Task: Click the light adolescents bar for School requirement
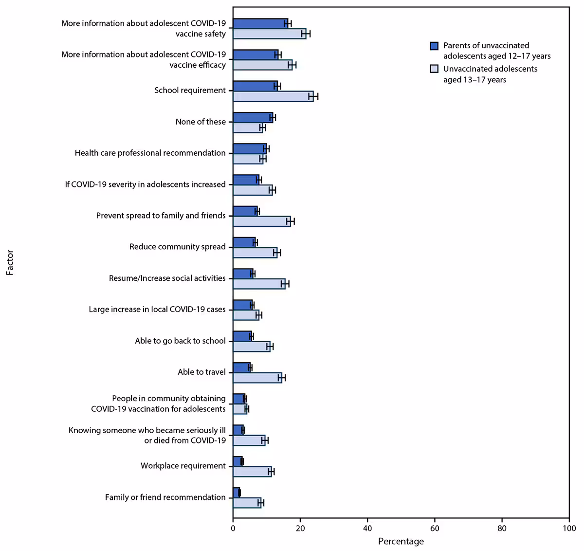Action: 273,96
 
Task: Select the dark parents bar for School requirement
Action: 255,86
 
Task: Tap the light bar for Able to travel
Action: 257,378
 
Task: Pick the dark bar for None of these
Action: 253,117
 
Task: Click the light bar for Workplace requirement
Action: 252,471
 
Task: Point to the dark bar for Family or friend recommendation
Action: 236,493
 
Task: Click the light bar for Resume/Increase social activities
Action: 259,284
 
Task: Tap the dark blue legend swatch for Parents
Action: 434,46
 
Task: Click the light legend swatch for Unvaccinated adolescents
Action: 434,69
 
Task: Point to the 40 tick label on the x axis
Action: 367,529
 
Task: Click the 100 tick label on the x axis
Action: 569,529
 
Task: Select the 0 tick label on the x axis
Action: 233,529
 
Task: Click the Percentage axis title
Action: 401,541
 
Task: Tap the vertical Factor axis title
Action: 10,263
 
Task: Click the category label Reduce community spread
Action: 177,247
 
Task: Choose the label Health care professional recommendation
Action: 150,153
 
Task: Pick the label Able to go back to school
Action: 180,341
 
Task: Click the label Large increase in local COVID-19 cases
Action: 157,310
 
